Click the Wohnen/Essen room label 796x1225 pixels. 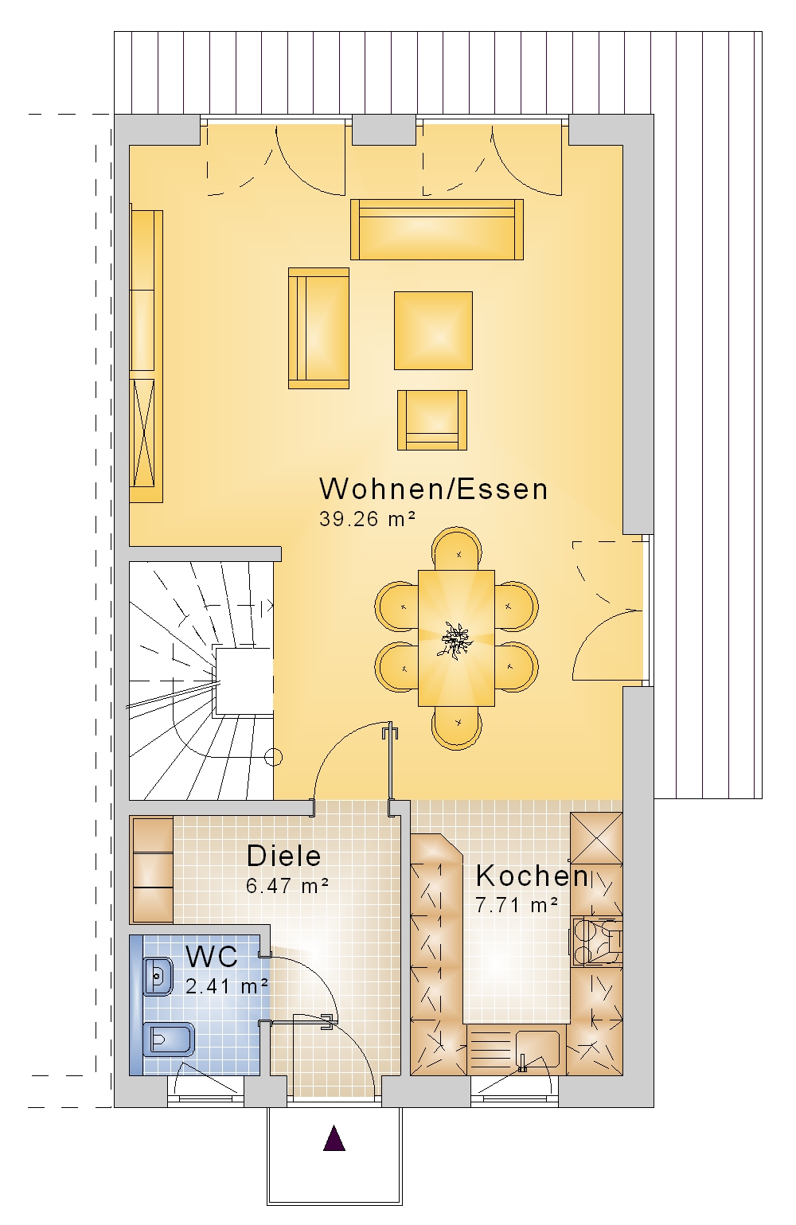click(433, 489)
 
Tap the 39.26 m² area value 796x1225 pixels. click(367, 518)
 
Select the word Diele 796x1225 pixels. click(283, 856)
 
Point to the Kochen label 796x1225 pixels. click(532, 876)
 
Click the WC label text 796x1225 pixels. click(212, 957)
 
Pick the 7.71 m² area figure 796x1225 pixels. click(517, 905)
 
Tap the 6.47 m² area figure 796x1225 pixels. click(287, 885)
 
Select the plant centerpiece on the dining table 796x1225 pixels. click(456, 638)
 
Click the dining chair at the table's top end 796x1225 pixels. click(457, 548)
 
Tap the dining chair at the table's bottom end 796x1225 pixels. click(457, 728)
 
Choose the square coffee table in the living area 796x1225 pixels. click(433, 330)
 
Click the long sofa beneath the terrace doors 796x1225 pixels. click(437, 229)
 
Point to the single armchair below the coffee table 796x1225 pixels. click(432, 420)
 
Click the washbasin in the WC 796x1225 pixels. click(158, 976)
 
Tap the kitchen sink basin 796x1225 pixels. click(537, 1049)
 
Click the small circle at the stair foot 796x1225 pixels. click(274, 758)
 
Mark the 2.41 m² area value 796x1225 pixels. click(227, 986)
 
